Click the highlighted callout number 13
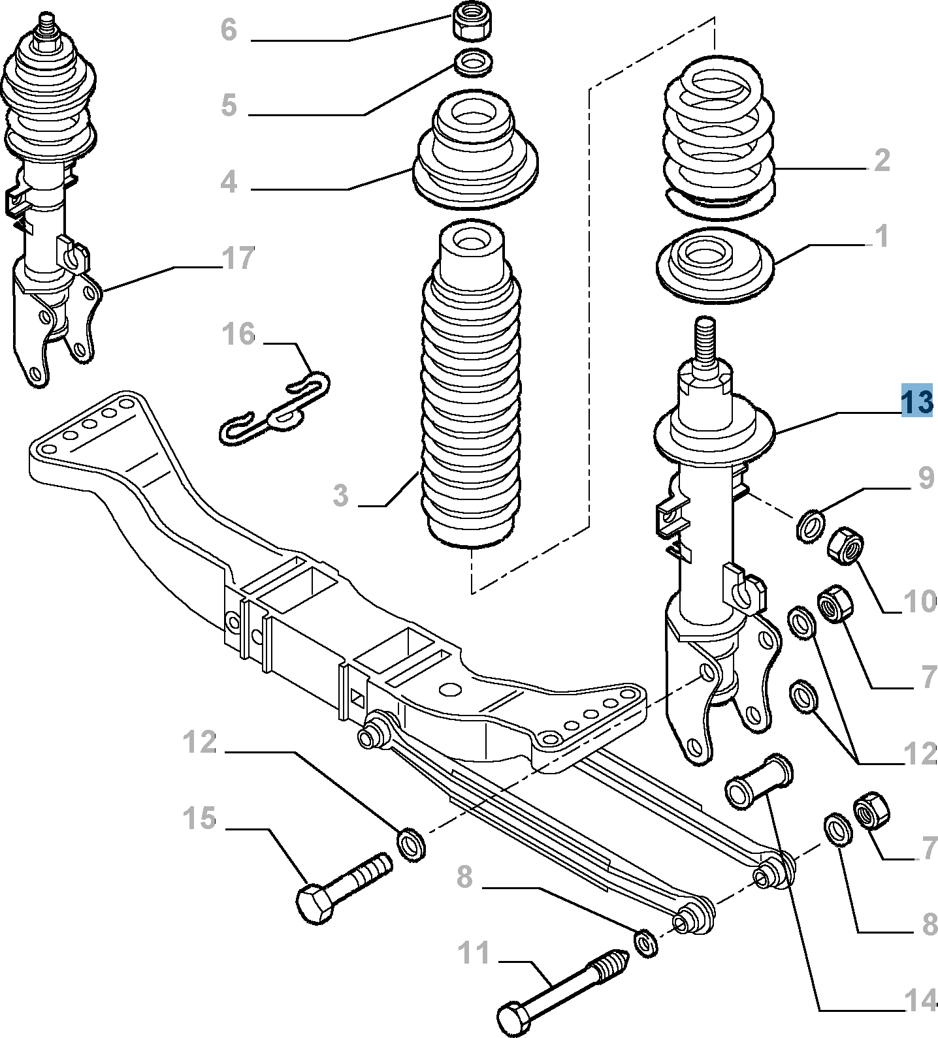point(917,401)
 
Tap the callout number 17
point(237,259)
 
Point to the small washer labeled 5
point(473,64)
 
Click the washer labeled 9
point(811,524)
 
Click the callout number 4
point(229,182)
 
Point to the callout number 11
point(474,953)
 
